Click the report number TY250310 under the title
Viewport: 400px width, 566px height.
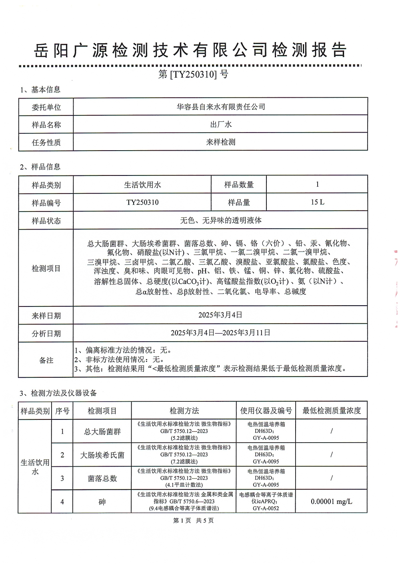tap(193, 74)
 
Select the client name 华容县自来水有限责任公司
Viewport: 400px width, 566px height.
tap(221, 107)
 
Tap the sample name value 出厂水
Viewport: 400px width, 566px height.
tap(221, 124)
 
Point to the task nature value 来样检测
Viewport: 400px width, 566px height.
tap(221, 142)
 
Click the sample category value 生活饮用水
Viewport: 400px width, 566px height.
tap(142, 185)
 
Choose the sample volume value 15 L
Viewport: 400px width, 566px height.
tap(317, 202)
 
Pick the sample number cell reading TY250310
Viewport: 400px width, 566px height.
tap(142, 202)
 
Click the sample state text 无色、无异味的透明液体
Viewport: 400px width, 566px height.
tap(221, 220)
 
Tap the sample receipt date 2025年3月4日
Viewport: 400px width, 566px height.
tap(220, 315)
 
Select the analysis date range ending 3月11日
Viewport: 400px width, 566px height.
tap(220, 332)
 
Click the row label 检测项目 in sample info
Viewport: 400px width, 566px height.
tap(46, 268)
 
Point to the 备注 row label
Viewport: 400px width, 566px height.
tap(46, 360)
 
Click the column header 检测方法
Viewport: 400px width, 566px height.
tap(184, 411)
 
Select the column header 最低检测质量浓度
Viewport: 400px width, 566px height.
tap(332, 411)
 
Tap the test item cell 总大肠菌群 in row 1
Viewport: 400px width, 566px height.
tap(102, 431)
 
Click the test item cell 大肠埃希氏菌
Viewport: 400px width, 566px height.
tap(102, 455)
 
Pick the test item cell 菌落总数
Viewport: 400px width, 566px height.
tap(102, 478)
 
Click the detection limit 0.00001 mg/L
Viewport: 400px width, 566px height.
tap(332, 501)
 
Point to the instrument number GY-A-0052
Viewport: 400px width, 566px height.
tap(266, 508)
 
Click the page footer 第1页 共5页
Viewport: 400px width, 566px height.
tap(193, 520)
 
